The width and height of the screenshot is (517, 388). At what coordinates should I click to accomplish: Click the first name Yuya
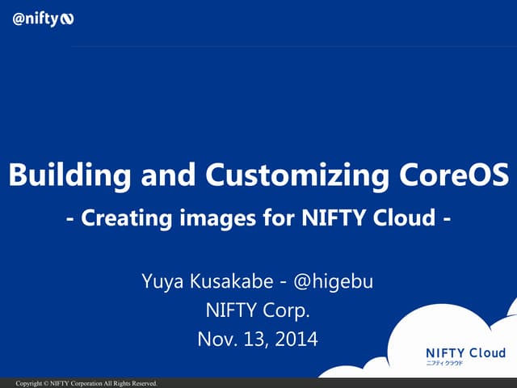tap(161, 282)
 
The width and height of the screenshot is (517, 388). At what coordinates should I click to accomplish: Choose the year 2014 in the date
tap(296, 338)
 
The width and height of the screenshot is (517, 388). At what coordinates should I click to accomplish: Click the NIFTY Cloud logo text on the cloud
tap(465, 352)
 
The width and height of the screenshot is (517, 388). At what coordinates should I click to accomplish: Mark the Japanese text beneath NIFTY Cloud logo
tap(445, 364)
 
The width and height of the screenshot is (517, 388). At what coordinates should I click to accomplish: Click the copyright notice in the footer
tap(86, 383)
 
